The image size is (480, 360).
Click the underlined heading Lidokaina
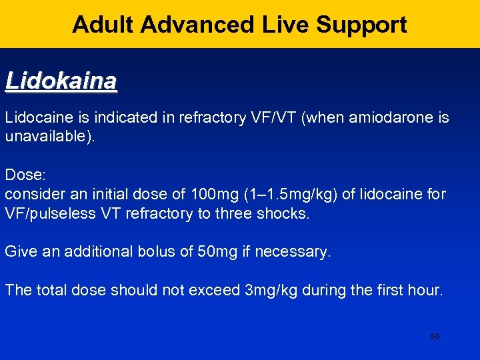coord(61,81)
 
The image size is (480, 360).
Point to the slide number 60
coord(434,337)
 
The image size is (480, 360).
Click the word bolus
coord(153,252)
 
